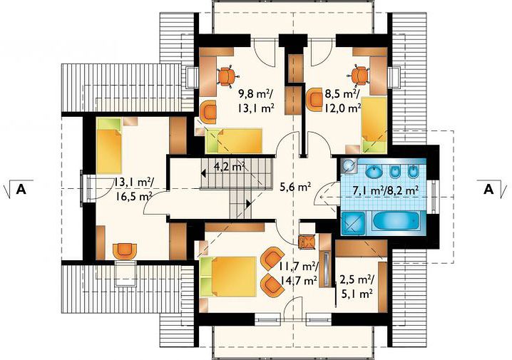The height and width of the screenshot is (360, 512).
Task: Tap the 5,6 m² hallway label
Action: tap(295, 187)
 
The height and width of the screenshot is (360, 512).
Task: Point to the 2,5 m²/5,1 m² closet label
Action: tap(357, 287)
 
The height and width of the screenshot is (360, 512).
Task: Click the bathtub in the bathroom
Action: tap(396, 223)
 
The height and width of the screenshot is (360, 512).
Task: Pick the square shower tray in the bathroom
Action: tap(352, 223)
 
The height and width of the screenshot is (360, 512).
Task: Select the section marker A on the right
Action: tap(488, 189)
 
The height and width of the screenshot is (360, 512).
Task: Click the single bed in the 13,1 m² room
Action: tap(109, 145)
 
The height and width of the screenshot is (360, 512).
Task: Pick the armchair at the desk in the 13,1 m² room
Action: tap(124, 251)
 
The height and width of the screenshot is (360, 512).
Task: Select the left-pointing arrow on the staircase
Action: tap(203, 173)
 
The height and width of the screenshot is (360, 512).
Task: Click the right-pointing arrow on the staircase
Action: tap(249, 204)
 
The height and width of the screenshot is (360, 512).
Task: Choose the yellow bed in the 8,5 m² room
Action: tap(374, 125)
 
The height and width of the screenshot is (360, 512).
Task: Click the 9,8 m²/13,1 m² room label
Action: tap(256, 101)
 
